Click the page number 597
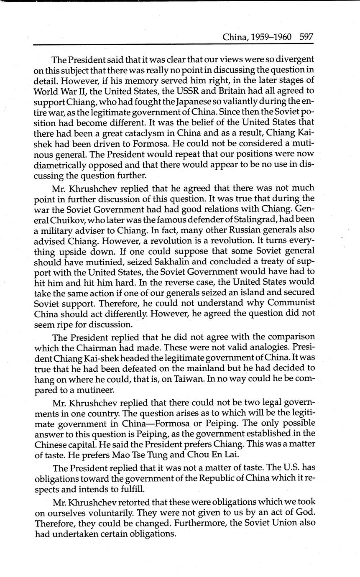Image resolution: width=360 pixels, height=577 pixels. click(x=306, y=37)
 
